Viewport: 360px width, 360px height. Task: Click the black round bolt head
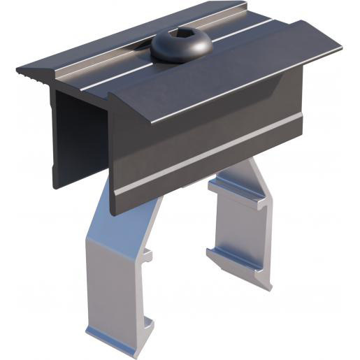click(x=181, y=45)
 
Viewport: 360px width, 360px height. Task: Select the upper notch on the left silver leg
click(x=147, y=256)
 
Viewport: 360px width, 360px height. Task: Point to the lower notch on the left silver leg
click(x=147, y=323)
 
